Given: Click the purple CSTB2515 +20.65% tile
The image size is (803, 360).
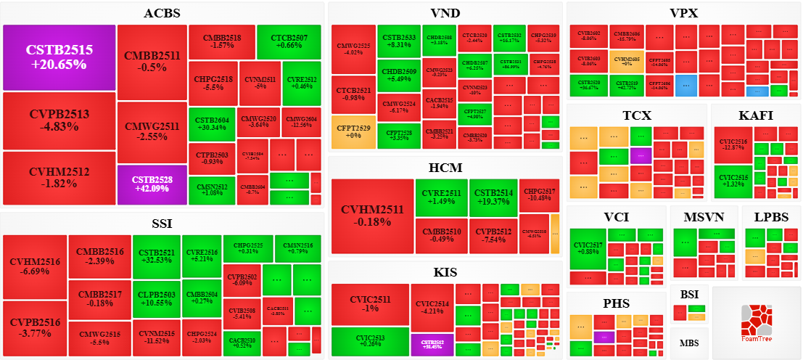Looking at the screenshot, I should click(59, 57).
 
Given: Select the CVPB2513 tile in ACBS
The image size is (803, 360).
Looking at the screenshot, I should click(59, 120).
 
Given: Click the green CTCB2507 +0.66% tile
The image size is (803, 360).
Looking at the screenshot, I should click(289, 42).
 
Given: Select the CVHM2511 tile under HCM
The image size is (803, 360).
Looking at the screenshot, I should click(372, 216).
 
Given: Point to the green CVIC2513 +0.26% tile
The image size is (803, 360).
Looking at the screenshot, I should click(370, 340).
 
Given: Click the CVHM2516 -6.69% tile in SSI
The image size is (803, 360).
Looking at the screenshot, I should click(35, 266).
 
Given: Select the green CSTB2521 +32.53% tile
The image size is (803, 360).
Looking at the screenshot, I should click(156, 255).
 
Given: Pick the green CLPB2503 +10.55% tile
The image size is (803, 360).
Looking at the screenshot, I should click(156, 298).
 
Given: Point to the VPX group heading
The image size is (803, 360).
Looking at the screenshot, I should click(683, 13).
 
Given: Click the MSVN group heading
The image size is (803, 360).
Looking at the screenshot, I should click(704, 217).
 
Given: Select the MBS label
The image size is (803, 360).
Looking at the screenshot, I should click(689, 342).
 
